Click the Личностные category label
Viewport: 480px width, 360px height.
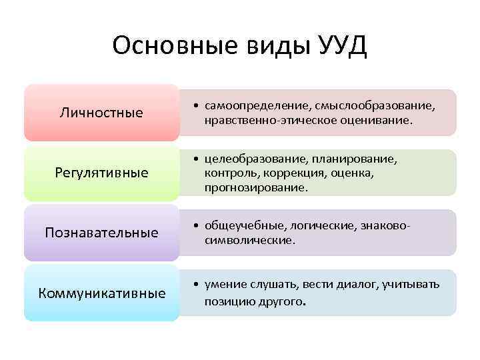tap(101, 113)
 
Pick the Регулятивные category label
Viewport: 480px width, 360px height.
tap(101, 173)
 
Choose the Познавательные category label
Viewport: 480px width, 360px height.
tap(101, 233)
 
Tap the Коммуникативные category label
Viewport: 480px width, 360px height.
tap(101, 293)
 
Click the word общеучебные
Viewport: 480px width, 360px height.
tap(240, 226)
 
